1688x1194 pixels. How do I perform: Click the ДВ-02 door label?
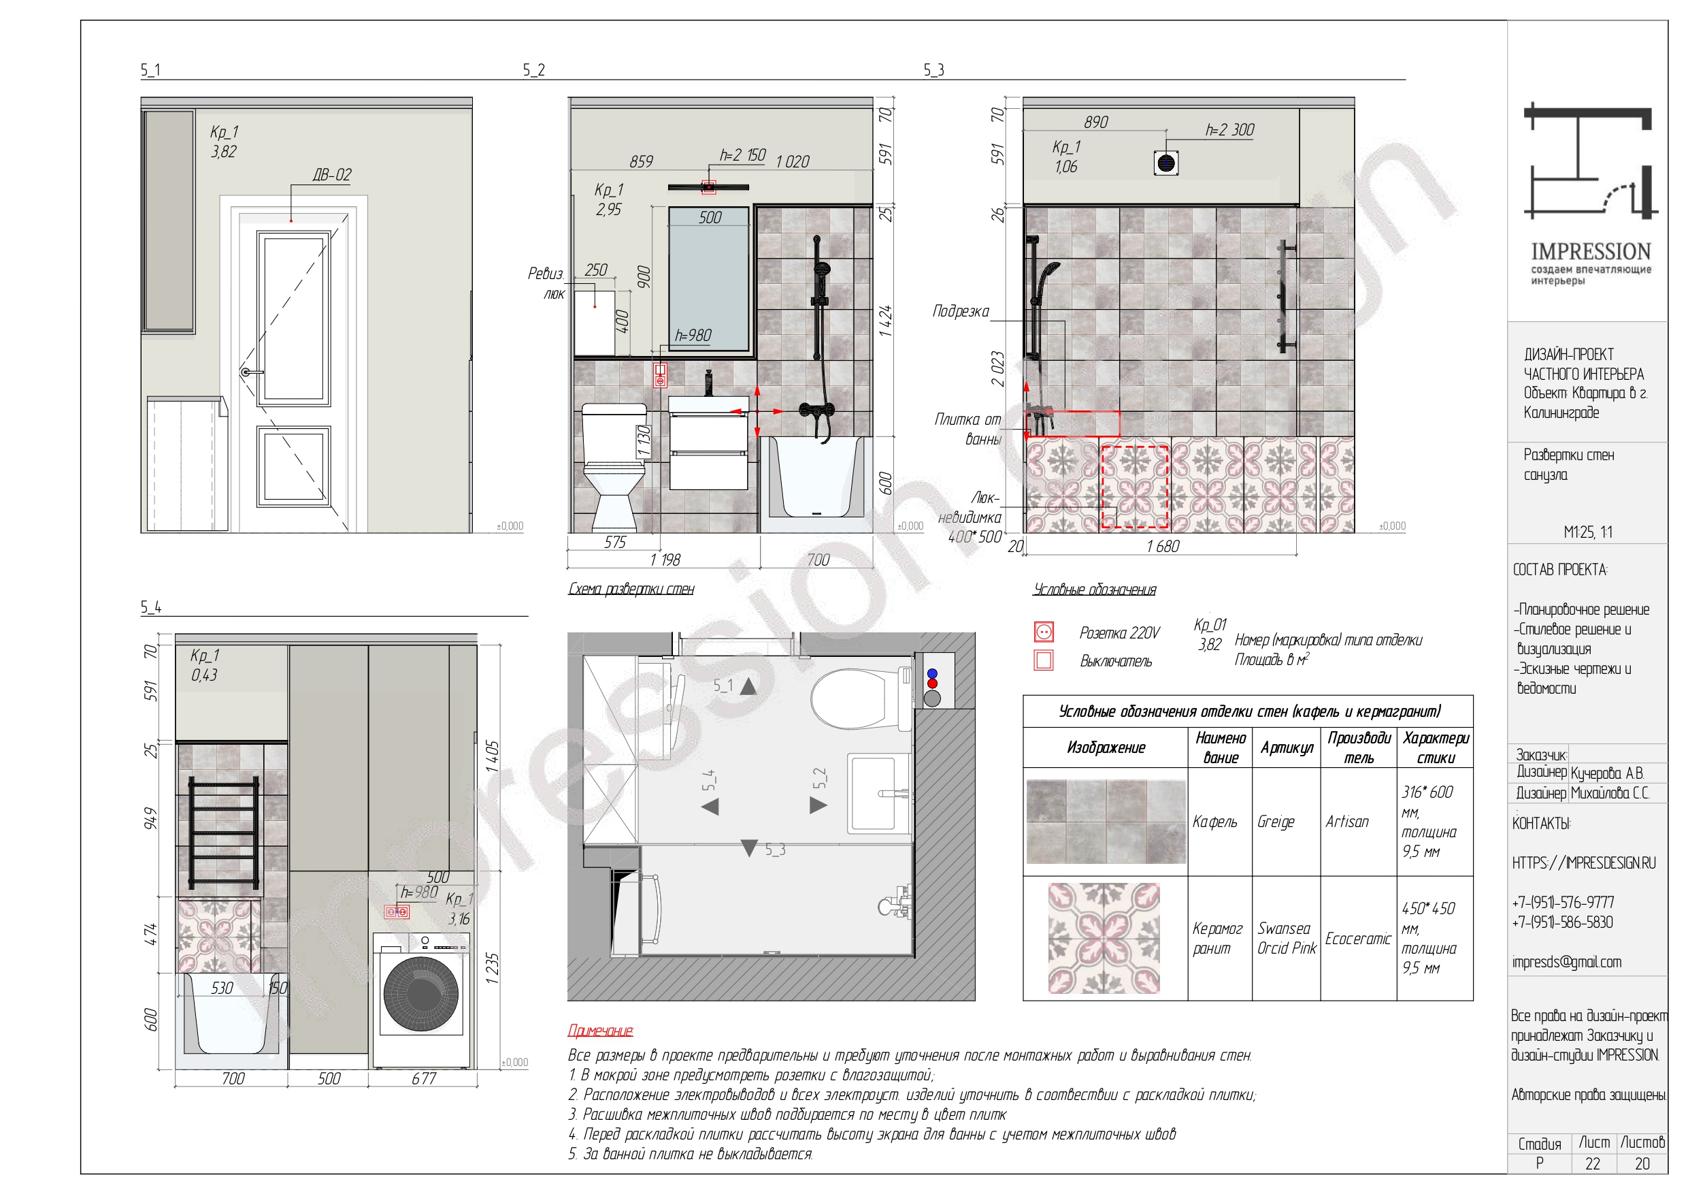(331, 175)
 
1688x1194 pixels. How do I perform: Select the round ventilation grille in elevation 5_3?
(1166, 163)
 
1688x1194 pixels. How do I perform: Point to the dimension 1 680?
(1162, 546)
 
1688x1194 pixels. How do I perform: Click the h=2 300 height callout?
(1229, 130)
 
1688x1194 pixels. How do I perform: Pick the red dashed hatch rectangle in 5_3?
(1134, 486)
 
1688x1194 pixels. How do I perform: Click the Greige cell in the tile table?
(1276, 822)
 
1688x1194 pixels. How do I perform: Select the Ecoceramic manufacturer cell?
(1358, 939)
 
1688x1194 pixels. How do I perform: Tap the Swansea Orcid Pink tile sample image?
(1104, 938)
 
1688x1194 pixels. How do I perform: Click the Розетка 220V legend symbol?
(1043, 632)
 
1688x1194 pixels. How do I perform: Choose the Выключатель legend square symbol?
(1043, 660)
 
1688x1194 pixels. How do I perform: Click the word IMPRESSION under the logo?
(1591, 252)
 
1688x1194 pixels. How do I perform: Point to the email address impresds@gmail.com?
(1566, 963)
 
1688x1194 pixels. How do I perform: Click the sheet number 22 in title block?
(1593, 1164)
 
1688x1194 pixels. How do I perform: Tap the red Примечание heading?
(600, 1031)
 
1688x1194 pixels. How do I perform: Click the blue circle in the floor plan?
(932, 673)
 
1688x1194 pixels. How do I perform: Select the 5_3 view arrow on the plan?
(748, 848)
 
